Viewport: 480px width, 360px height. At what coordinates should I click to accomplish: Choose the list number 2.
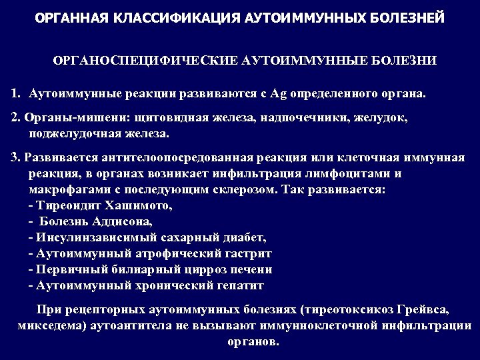coord(15,117)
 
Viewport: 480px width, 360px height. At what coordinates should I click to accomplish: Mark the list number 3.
coord(15,158)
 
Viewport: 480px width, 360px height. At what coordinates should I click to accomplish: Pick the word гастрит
coord(248,253)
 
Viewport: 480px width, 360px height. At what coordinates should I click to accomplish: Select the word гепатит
coord(241,285)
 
